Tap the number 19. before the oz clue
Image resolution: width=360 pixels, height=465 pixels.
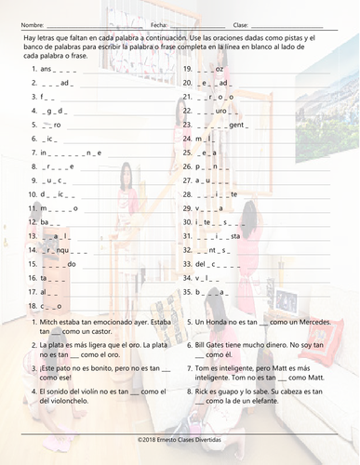pyautogui.click(x=188, y=70)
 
